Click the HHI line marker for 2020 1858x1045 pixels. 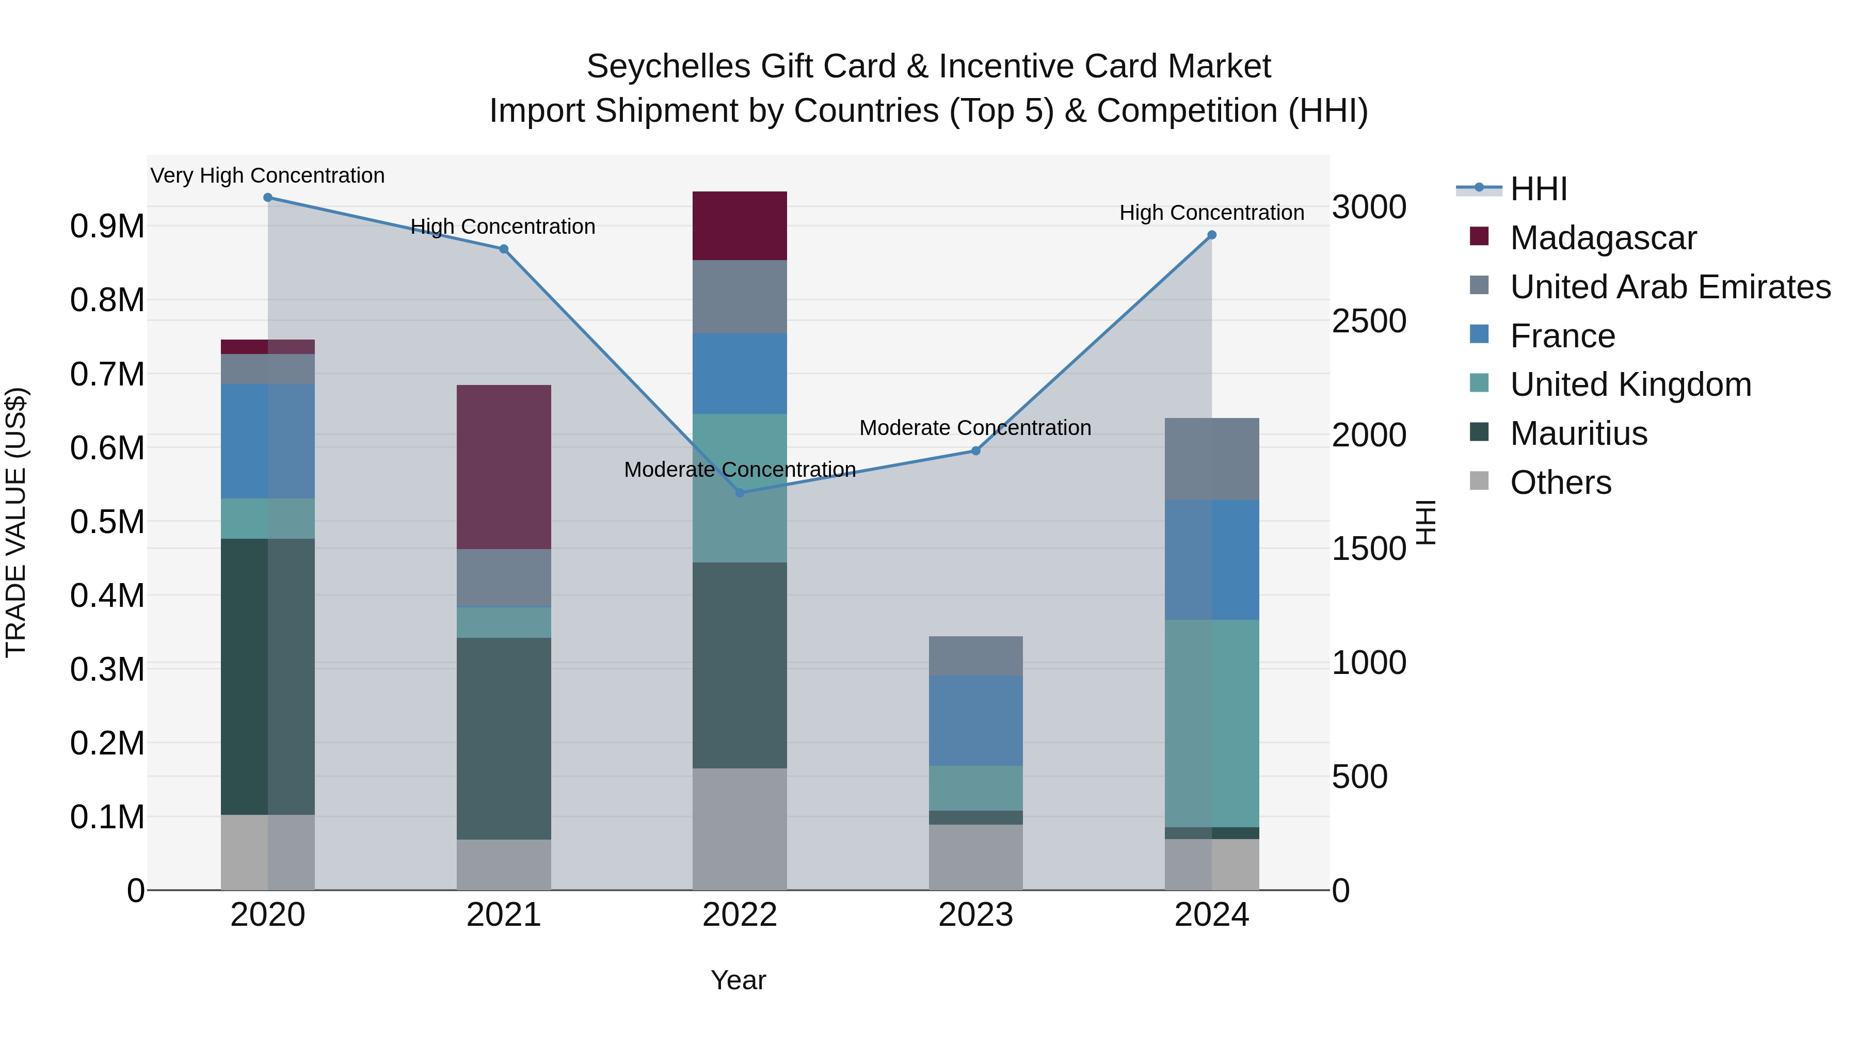tap(267, 198)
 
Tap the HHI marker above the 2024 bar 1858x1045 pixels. tap(1212, 235)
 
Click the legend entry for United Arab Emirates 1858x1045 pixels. tap(1670, 287)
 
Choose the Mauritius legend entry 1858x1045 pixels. tap(1578, 433)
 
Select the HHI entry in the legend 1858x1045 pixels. tap(1538, 189)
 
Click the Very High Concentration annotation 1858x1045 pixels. tap(267, 175)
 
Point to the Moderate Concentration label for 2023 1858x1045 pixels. tap(974, 428)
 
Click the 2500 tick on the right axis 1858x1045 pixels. tap(1368, 321)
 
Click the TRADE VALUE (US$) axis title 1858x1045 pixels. tap(16, 522)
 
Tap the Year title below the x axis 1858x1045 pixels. tap(738, 980)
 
